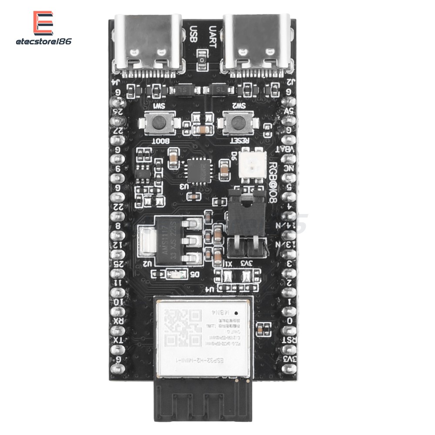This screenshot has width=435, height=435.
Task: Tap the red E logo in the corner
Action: (x=43, y=23)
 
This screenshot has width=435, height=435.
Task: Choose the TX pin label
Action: (x=117, y=340)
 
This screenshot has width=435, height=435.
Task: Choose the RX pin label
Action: (x=117, y=321)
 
